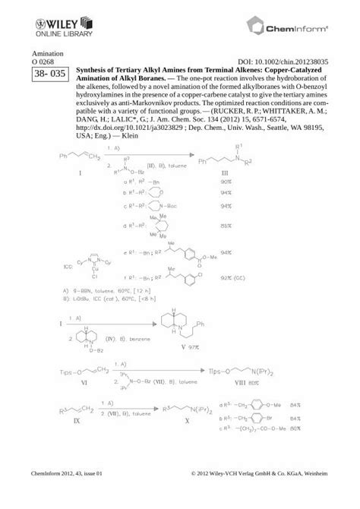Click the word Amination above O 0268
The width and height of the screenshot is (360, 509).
pos(46,55)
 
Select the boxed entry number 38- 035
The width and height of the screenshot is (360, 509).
pos(46,74)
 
